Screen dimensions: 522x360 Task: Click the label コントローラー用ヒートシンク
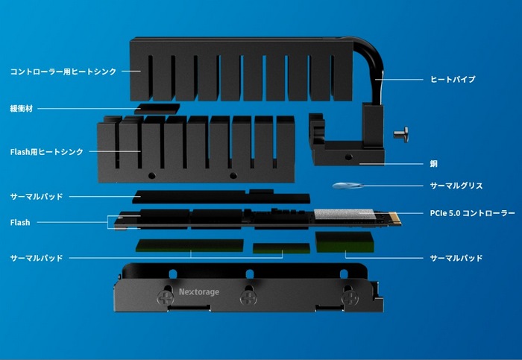(x=63, y=72)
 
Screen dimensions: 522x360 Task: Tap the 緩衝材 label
(x=22, y=109)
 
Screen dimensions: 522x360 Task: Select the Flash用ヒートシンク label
(x=46, y=152)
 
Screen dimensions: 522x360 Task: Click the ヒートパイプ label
(x=453, y=79)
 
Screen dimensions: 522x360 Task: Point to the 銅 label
(x=434, y=164)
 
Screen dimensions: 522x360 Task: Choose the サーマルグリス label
(x=456, y=186)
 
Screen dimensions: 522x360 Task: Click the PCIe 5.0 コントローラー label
(x=472, y=213)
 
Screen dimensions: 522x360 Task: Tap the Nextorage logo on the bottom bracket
(x=199, y=291)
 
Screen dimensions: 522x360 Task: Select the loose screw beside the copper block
(x=401, y=134)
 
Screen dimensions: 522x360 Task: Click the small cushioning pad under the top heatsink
(x=159, y=109)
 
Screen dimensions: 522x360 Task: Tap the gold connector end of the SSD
(x=394, y=218)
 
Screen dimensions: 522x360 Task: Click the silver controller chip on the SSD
(x=344, y=214)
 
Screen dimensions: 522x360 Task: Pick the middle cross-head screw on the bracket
(x=248, y=297)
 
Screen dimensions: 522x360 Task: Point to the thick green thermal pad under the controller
(x=345, y=242)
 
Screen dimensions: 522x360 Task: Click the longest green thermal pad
(x=189, y=245)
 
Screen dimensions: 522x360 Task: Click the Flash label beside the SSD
(x=20, y=222)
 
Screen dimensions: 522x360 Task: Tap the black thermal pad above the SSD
(x=221, y=197)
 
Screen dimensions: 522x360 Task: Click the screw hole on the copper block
(x=348, y=157)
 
